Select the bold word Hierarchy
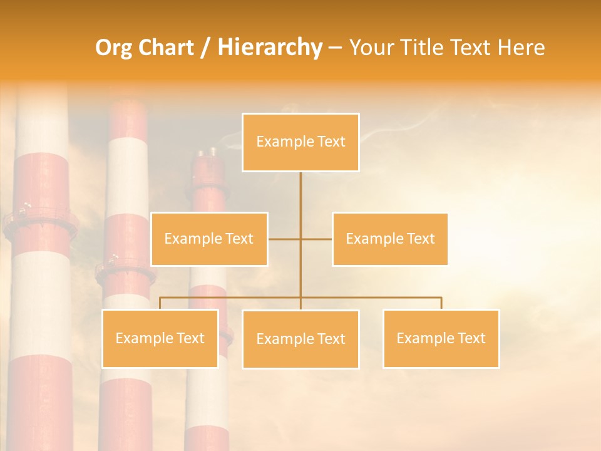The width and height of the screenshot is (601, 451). point(270,48)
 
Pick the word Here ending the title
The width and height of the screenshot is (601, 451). point(521,48)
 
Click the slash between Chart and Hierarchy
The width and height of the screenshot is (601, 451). point(205,48)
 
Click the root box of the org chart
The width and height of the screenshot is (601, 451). point(300,142)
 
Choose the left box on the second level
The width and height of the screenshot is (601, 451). point(209,239)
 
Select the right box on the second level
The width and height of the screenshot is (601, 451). point(390,239)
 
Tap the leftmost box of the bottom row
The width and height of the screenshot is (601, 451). point(160,338)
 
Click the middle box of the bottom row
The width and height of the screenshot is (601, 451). point(300,339)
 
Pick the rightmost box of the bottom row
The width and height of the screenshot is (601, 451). point(441,338)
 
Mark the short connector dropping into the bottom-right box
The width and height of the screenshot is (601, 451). point(441,303)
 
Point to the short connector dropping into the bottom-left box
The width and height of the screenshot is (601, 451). point(160,303)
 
